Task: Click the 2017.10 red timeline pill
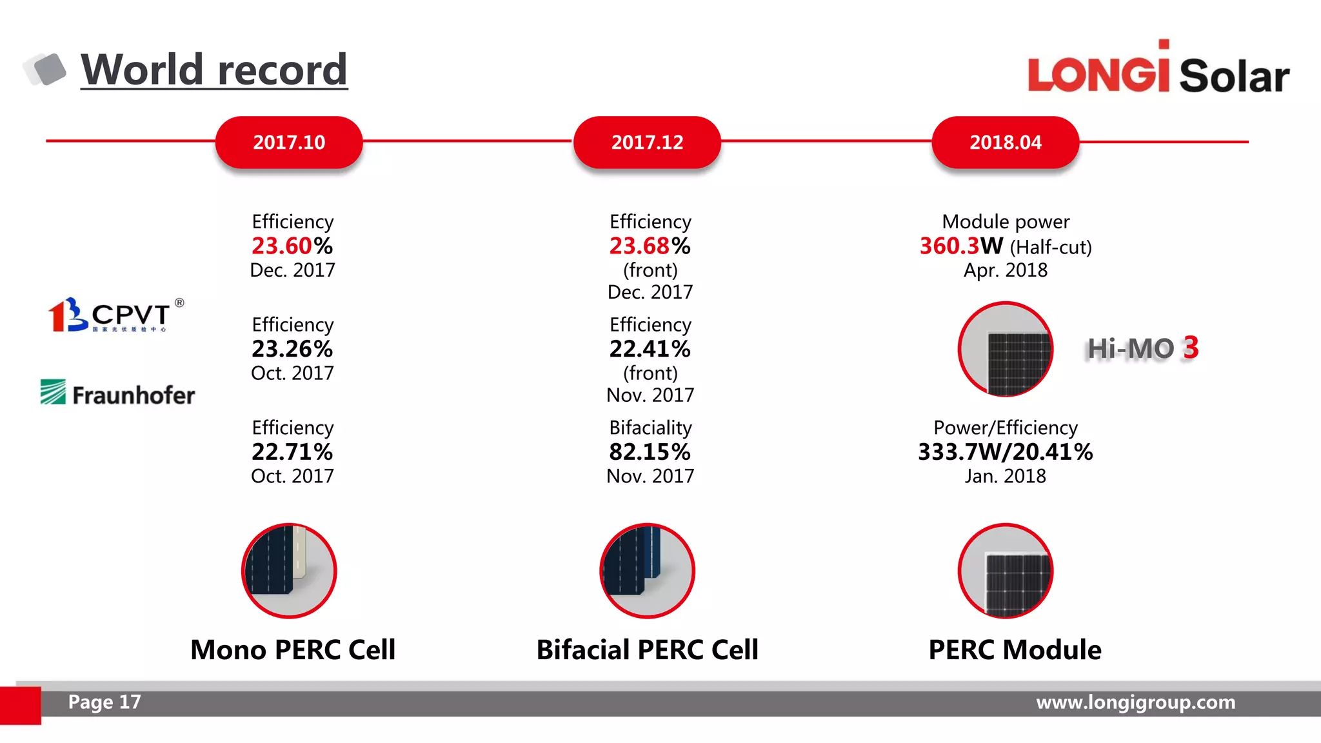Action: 289,142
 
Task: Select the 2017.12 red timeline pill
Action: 647,142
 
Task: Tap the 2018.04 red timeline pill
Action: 1005,142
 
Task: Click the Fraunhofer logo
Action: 117,393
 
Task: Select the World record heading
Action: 214,70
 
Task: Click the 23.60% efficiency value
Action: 292,246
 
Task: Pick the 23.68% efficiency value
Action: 650,246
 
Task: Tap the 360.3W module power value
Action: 961,246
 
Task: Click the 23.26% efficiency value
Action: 292,349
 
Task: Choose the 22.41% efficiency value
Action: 650,349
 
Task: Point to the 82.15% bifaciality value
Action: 650,451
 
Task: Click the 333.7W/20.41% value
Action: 1005,451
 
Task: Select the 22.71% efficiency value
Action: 292,451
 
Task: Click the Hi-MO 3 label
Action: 1142,348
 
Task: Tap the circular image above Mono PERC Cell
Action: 289,571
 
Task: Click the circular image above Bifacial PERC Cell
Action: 647,571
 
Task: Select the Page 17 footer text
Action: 104,702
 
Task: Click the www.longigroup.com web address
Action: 1135,702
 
